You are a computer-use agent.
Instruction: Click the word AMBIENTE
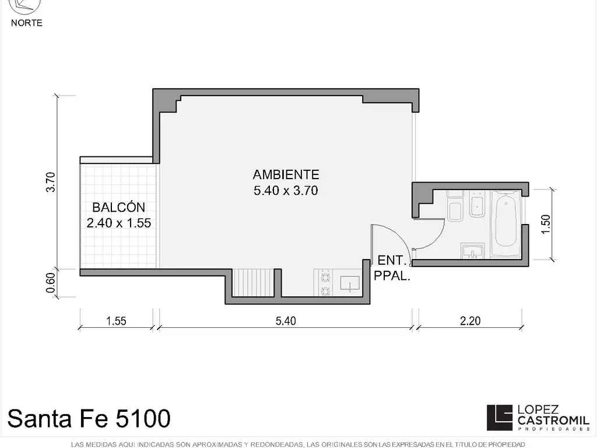point(286,174)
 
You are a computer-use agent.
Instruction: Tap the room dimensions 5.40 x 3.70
point(286,191)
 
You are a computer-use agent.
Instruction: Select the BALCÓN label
point(119,207)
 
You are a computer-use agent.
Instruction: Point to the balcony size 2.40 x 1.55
point(119,223)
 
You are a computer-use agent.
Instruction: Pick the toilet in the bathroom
point(455,206)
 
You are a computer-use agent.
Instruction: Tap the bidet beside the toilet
point(477,204)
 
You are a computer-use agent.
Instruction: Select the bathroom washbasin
point(472,251)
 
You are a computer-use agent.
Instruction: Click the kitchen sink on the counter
point(350,283)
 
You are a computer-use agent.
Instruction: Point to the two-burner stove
point(325,283)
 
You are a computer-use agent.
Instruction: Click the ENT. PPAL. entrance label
point(392,268)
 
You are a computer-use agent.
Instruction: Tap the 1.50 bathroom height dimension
point(546,225)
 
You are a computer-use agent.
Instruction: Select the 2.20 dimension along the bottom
point(470,321)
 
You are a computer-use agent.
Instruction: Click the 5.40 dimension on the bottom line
point(286,321)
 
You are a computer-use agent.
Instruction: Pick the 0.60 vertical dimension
point(51,283)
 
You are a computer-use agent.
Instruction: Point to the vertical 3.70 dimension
point(51,182)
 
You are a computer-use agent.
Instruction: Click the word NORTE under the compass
point(27,23)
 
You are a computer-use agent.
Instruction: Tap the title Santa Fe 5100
point(89,418)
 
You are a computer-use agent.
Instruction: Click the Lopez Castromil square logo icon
point(500,418)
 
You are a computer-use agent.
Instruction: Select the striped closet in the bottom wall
point(253,283)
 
